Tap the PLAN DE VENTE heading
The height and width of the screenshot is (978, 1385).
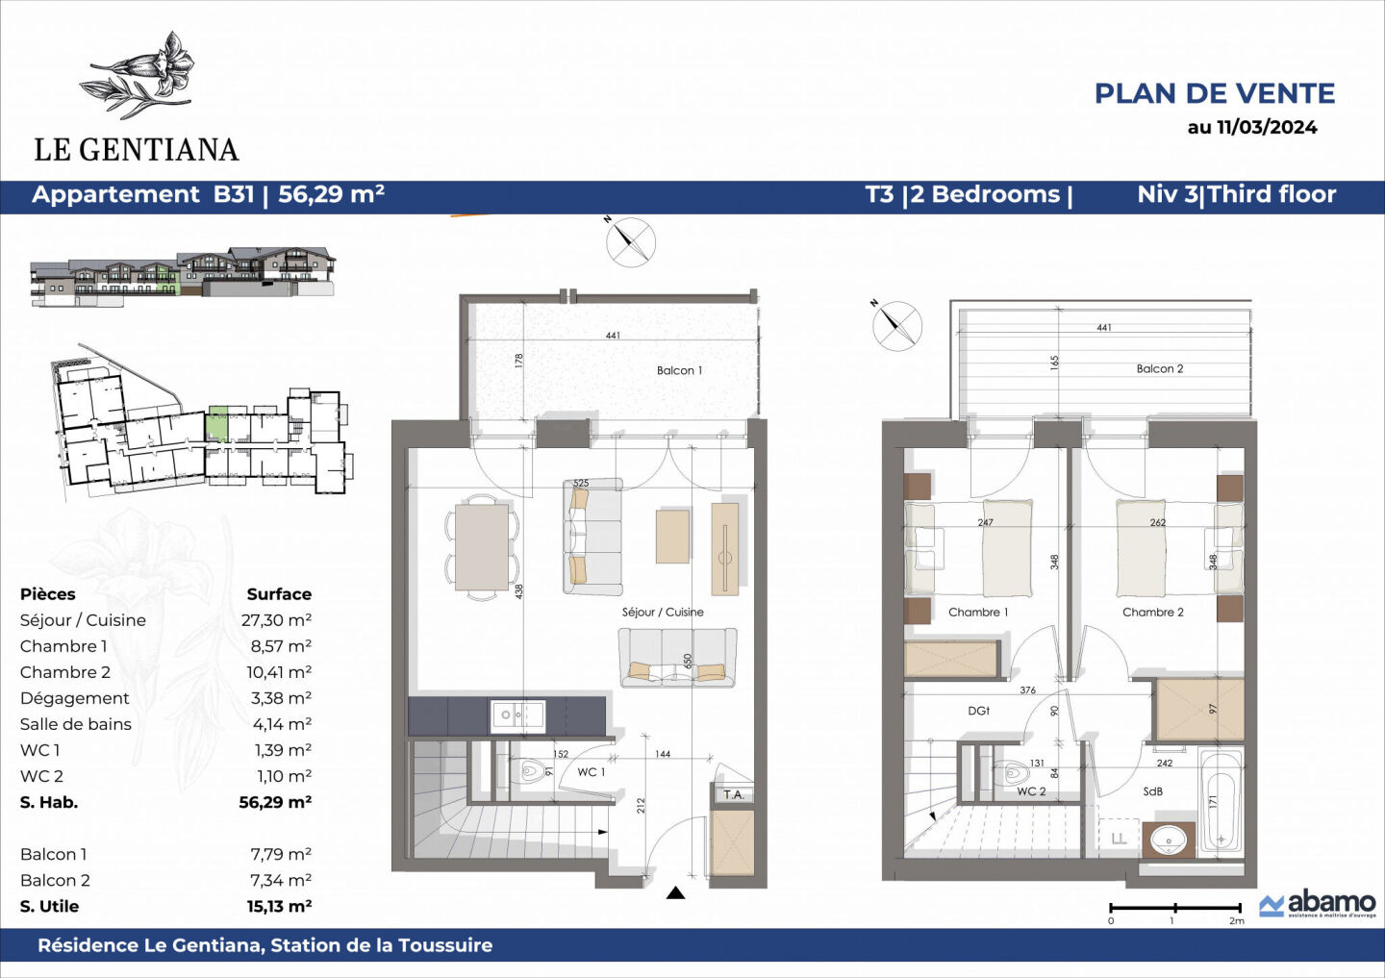(1214, 93)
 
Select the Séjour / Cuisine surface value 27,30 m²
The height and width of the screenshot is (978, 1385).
(276, 620)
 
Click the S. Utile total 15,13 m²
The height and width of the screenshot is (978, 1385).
(279, 906)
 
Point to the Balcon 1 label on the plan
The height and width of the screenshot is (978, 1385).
(679, 370)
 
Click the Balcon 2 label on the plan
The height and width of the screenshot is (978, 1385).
(1159, 368)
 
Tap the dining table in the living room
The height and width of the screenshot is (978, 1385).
(481, 547)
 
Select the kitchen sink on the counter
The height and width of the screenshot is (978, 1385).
(517, 715)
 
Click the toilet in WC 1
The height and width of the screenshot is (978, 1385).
(531, 771)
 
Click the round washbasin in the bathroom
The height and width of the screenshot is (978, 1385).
(1168, 840)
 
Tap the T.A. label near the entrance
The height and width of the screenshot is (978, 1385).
(733, 794)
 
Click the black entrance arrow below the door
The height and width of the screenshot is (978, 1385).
(675, 893)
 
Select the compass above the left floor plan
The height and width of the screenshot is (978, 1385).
(630, 241)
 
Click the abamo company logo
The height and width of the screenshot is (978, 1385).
(1318, 904)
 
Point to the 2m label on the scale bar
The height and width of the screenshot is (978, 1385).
(1236, 921)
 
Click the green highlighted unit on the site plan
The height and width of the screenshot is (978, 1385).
(217, 423)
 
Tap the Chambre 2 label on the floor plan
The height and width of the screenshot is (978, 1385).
(1152, 612)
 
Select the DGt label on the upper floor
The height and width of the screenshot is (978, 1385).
(978, 711)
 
